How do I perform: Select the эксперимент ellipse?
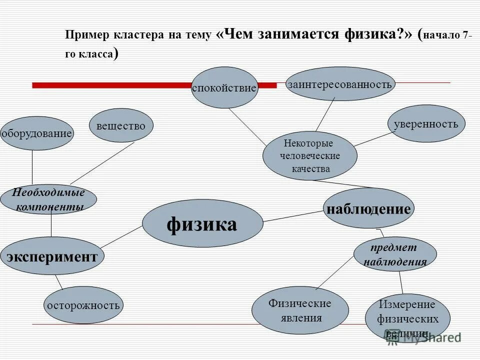click(51, 256)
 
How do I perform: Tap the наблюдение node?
click(369, 208)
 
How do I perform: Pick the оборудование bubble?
click(37, 133)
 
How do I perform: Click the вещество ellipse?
click(121, 125)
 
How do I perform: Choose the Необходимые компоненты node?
click(48, 199)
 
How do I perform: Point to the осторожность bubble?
click(83, 304)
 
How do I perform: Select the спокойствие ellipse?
click(224, 87)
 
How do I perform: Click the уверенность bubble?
click(426, 123)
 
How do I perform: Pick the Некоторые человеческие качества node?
click(310, 155)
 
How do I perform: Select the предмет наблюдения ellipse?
click(395, 254)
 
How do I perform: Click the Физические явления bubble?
click(299, 310)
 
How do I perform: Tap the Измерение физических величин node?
click(407, 317)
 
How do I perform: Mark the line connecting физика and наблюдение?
click(293, 216)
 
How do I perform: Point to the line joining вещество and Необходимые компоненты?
click(102, 163)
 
